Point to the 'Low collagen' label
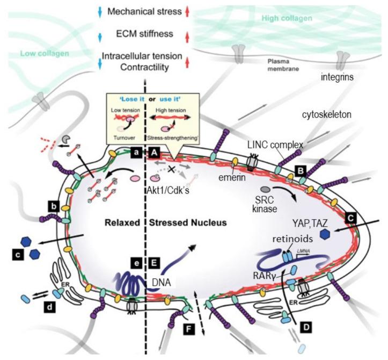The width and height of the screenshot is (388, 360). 43,54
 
